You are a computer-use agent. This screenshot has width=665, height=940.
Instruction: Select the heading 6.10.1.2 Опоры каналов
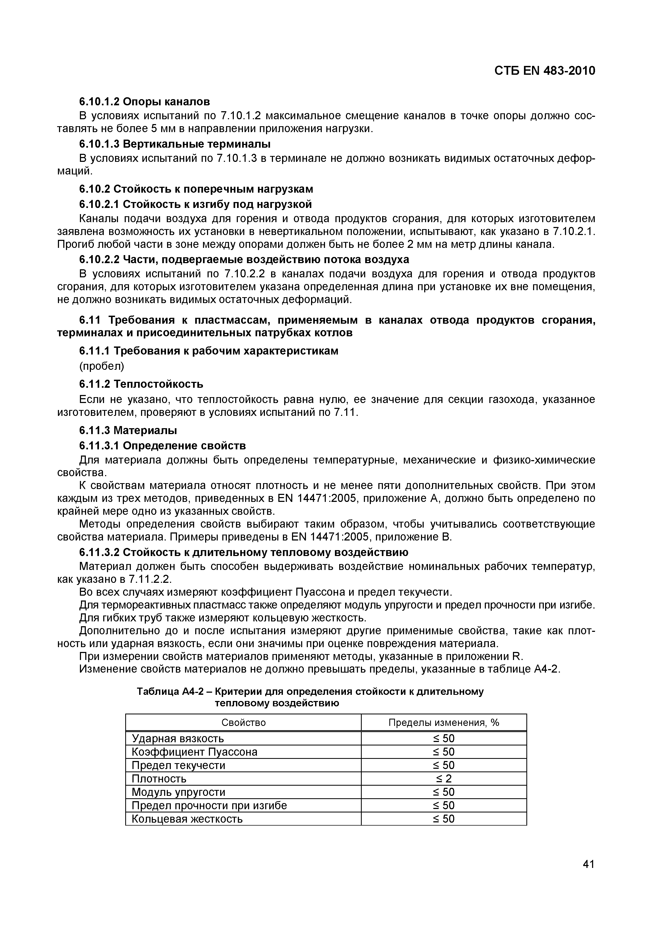click(144, 101)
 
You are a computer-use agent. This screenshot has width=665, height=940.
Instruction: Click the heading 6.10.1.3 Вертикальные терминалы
click(175, 144)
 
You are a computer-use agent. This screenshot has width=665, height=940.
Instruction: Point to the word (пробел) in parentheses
click(101, 365)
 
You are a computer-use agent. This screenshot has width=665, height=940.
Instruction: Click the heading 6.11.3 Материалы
click(128, 430)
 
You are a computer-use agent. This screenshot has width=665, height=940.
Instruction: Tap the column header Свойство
click(243, 723)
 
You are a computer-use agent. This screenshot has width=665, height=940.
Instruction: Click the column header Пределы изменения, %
click(444, 723)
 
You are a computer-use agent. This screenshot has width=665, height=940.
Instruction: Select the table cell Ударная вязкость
click(178, 738)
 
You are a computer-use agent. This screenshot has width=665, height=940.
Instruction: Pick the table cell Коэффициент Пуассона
click(195, 752)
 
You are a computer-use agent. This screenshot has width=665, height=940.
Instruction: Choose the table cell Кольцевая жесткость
click(187, 819)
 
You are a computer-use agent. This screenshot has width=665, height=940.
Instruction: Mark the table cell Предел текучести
click(178, 766)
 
